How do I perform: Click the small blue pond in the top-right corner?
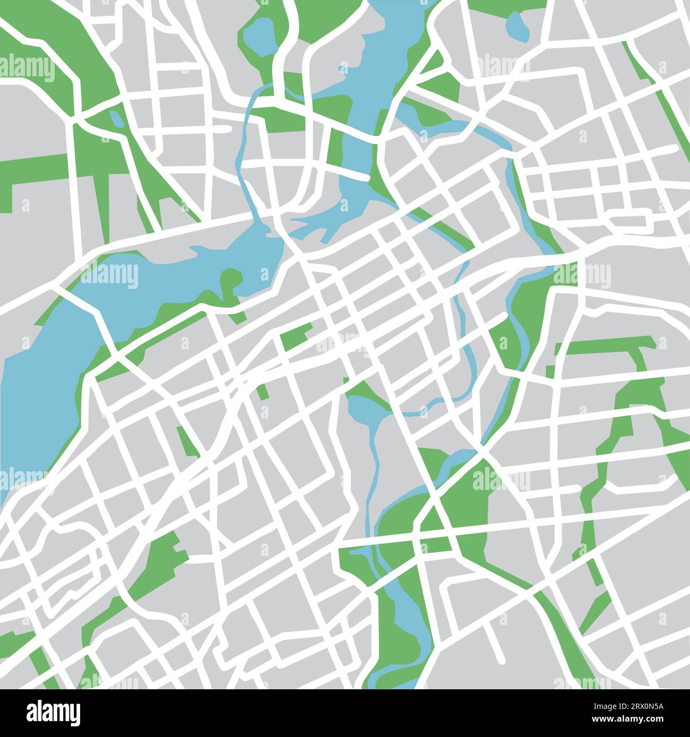(516, 24)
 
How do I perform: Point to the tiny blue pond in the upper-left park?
(116, 118)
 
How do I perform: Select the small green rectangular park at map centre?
(295, 338)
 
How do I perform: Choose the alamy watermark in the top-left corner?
(27, 68)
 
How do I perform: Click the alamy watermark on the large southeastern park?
(499, 480)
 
